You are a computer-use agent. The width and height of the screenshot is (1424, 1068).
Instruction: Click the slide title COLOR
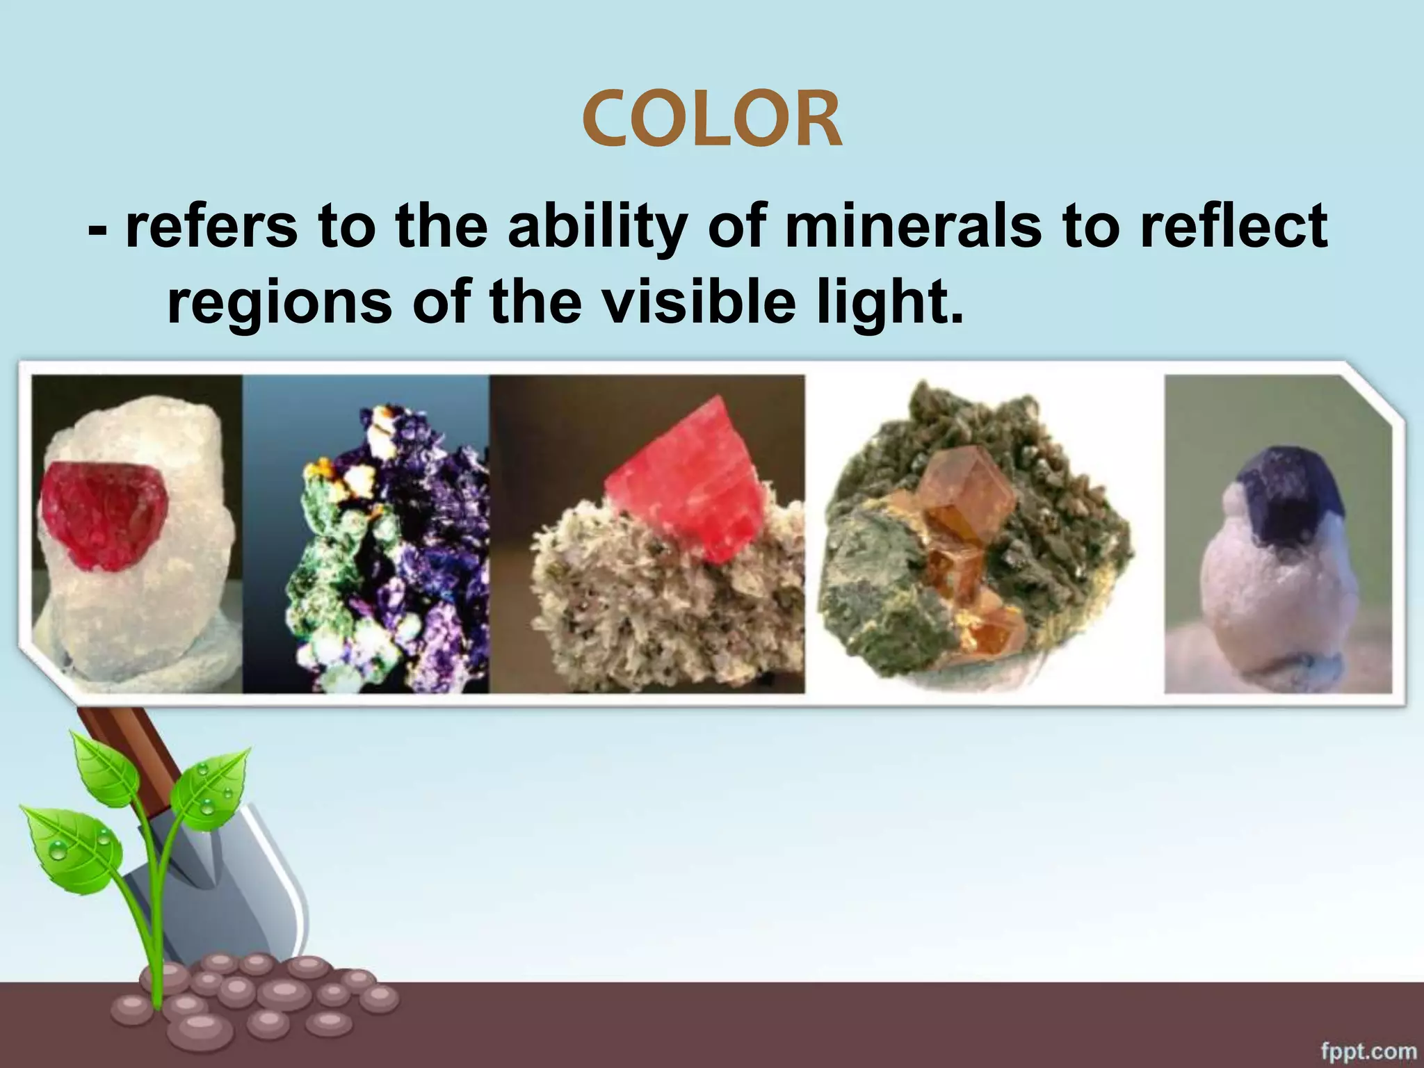click(712, 121)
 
